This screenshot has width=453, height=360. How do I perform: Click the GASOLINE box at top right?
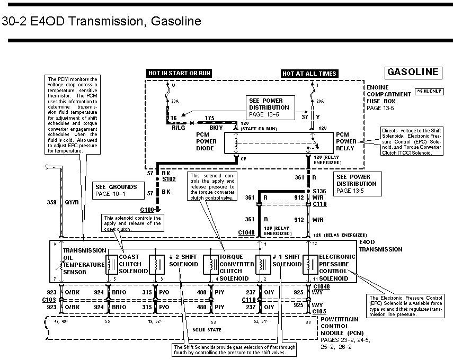(x=413, y=72)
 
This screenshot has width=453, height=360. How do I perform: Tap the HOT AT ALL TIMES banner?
(x=309, y=73)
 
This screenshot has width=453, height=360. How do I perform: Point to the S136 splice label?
(x=319, y=191)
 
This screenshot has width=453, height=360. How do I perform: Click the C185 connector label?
(x=319, y=311)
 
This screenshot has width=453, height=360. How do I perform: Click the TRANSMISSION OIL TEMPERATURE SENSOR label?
(x=83, y=262)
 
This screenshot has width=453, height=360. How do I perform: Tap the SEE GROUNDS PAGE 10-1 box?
(x=116, y=191)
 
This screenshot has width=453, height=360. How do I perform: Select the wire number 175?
(x=210, y=119)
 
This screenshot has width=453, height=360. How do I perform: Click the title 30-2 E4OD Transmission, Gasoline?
(x=102, y=22)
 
